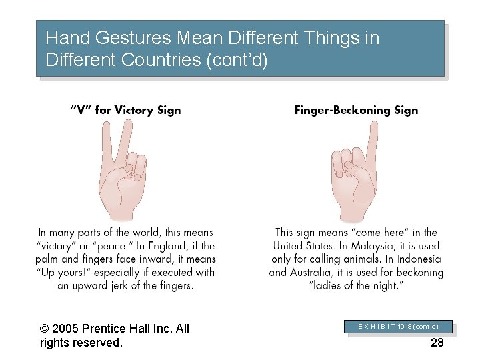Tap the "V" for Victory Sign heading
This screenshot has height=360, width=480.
point(125,110)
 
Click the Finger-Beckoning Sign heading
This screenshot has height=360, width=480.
point(356,110)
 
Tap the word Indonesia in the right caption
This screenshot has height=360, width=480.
point(417,259)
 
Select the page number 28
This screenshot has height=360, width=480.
point(437,343)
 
